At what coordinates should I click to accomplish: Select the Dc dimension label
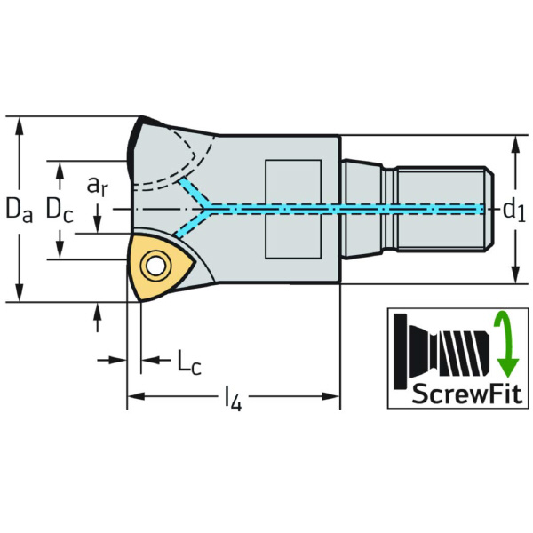coord(60,211)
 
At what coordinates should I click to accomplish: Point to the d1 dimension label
coord(514,210)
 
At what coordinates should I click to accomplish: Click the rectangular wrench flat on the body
coord(294,210)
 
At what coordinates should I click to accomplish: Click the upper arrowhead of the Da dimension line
coord(19,123)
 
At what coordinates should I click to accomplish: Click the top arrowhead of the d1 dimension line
coord(514,142)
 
